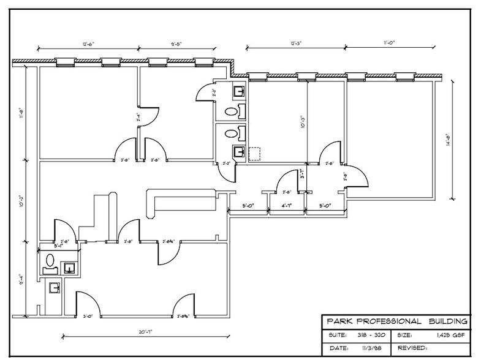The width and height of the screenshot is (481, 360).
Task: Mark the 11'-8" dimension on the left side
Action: pos(20,114)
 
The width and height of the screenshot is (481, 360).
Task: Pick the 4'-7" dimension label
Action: pos(287,206)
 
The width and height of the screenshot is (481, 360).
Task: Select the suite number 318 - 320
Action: pos(371,336)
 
